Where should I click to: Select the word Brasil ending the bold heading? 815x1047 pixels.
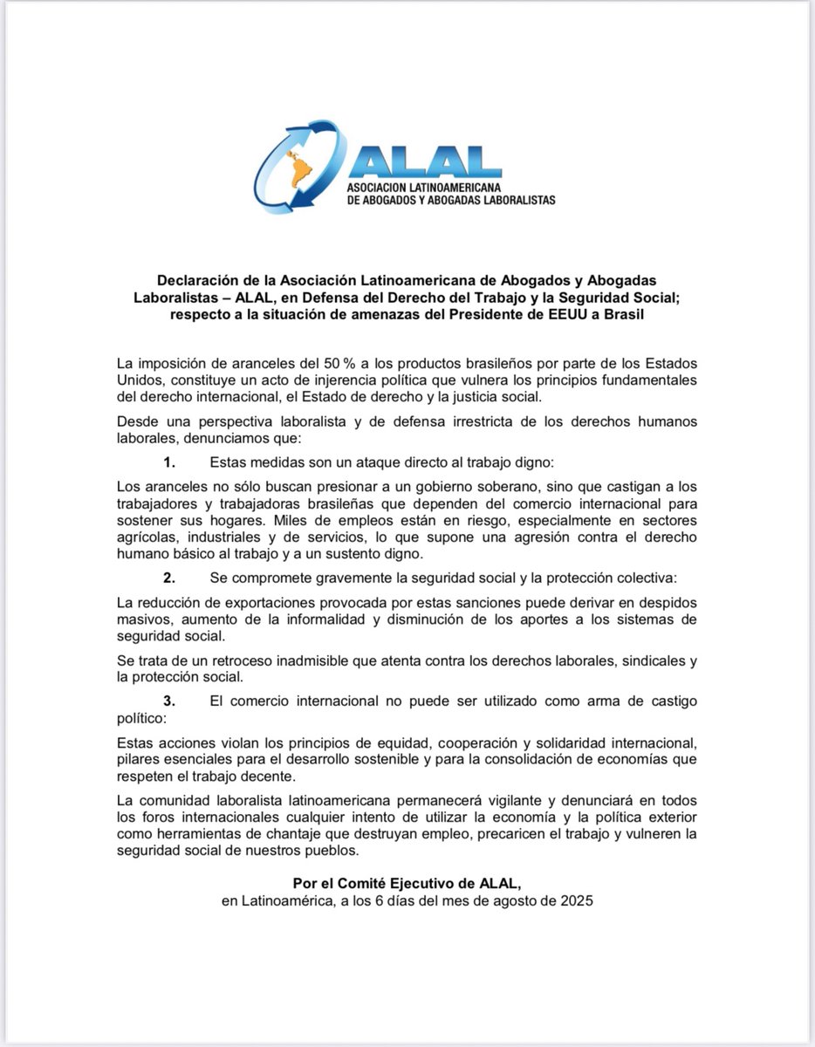(621, 313)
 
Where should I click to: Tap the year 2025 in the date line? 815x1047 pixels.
(575, 901)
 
